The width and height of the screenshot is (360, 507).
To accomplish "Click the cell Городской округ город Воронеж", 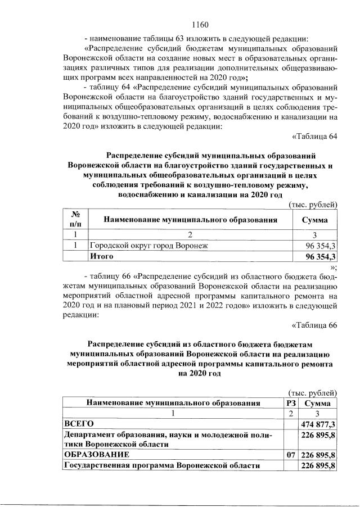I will click(148, 246).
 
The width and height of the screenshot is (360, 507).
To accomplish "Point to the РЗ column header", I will click(291, 403).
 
